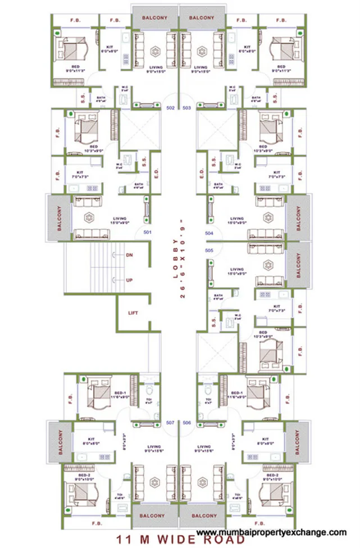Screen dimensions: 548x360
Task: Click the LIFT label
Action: click(133, 314)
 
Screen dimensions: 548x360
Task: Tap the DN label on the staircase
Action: click(129, 255)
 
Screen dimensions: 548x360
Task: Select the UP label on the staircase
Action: click(129, 279)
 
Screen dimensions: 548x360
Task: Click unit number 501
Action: click(148, 232)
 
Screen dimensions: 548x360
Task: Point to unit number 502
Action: click(171, 107)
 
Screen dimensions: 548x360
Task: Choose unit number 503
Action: click(188, 107)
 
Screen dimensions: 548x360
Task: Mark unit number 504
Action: click(209, 232)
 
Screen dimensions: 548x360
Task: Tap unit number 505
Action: click(209, 250)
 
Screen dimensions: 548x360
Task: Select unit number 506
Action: click(188, 422)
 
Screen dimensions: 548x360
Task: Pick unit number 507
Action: click(171, 422)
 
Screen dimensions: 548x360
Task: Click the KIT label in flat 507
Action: click(90, 439)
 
